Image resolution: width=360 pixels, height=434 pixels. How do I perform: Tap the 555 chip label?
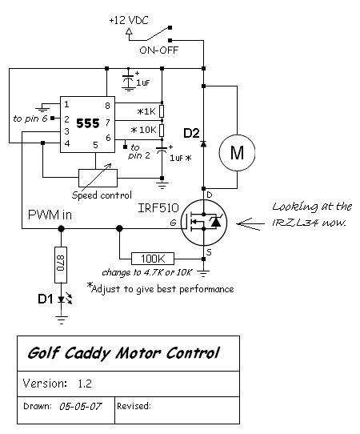pos(88,123)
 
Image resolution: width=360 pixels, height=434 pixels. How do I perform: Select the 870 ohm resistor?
pos(61,265)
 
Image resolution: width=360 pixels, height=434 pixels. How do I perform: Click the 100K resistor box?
pos(153,259)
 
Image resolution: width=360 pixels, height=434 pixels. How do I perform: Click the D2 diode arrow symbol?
pos(203,143)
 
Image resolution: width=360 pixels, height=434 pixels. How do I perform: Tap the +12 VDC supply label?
pos(129,21)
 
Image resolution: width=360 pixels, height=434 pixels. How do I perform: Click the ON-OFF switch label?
pos(159,50)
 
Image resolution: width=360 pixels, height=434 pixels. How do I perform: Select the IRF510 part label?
pos(158,208)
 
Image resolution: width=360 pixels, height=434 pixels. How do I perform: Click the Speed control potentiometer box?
pos(98,178)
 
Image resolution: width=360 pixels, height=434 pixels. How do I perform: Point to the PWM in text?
pos(50,215)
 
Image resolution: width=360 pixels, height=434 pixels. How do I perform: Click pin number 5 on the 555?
pos(95,145)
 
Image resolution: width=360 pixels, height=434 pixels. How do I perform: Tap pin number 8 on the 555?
pos(107,106)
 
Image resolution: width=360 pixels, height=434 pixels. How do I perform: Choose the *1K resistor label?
pos(147,111)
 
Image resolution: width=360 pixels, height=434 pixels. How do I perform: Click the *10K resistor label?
pos(144,130)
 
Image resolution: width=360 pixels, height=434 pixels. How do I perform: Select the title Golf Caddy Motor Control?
pos(123,353)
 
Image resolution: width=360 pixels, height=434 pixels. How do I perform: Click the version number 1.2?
pos(85,384)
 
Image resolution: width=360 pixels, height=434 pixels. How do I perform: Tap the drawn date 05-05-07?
pos(81,406)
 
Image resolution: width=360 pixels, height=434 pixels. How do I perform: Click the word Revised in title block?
pos(134,406)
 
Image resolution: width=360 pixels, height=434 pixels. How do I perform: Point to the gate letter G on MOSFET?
pos(173,223)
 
